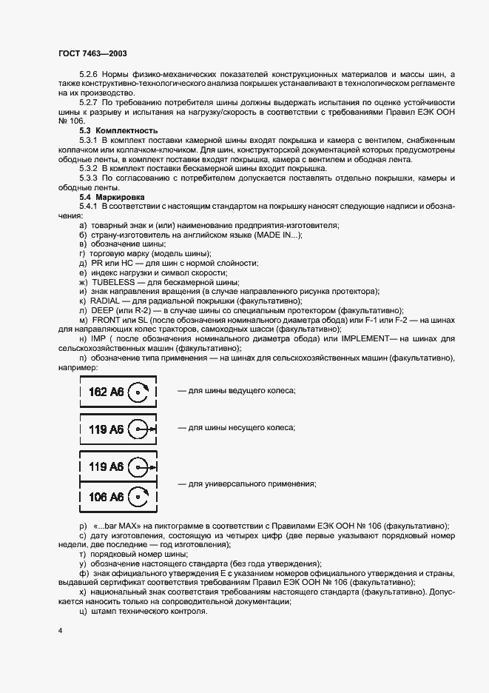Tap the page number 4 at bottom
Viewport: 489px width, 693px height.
[x=60, y=629]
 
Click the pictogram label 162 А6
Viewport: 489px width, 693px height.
[x=106, y=391]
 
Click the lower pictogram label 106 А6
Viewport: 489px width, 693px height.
[x=106, y=497]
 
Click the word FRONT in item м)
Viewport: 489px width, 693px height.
[x=108, y=320]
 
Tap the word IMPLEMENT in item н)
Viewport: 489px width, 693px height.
[x=354, y=339]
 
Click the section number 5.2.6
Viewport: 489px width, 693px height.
[x=88, y=75]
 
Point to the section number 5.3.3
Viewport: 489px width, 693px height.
[x=88, y=178]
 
